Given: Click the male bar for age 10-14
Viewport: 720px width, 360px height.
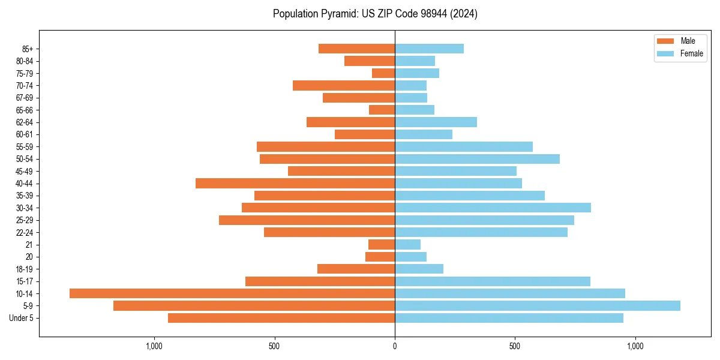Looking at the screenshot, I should pos(232,293).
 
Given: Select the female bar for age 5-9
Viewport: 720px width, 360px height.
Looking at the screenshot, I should pos(538,305).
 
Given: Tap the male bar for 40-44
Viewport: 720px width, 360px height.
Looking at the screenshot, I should pos(295,183).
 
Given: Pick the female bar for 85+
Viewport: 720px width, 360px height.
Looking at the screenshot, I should pos(429,49).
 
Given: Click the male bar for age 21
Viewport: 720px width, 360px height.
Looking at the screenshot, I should pos(382,244).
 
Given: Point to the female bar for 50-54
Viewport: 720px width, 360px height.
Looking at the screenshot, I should pos(477,158).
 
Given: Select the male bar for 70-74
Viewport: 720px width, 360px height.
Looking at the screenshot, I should pos(344,85).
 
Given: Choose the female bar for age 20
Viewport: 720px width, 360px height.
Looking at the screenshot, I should pos(410,257).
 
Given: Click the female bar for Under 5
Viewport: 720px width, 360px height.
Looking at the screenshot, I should pos(509,318).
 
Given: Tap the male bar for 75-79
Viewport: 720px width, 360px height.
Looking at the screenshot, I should pos(383,73).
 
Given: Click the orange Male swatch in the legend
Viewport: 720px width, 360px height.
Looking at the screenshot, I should pos(666,41).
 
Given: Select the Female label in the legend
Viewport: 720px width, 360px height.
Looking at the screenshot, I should pos(692,53).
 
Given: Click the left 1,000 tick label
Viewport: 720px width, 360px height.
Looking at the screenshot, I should pos(154,346).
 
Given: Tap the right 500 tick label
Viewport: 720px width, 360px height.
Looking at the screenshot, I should pos(515,346).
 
